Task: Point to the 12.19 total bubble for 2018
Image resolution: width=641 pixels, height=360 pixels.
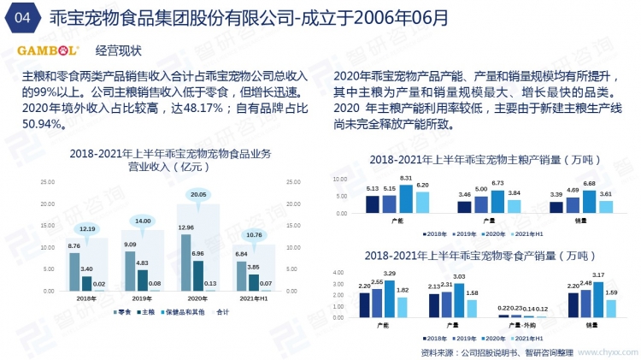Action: pos(88,228)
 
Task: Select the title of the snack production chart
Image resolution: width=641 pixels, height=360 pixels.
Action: pos(477,256)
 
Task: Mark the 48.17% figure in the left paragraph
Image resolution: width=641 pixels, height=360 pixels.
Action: pos(198,108)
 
